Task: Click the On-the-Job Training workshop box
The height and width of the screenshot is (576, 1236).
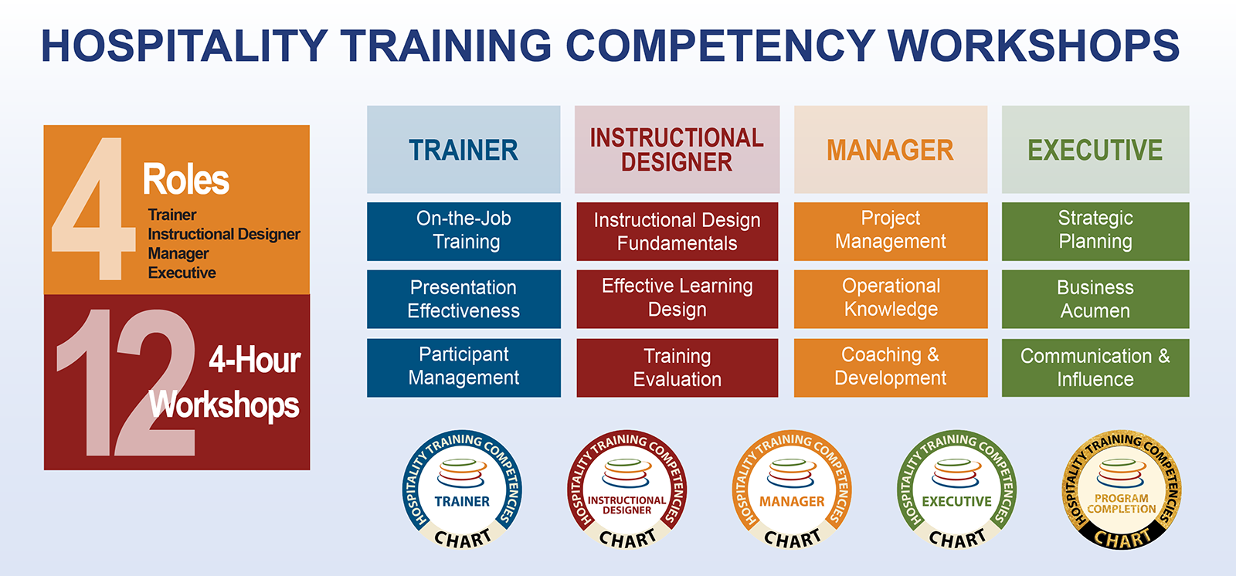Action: click(463, 231)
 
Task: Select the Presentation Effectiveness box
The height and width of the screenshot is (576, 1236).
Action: click(463, 299)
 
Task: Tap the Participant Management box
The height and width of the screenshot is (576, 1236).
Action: click(463, 368)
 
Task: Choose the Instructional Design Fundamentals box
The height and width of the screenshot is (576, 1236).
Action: click(677, 231)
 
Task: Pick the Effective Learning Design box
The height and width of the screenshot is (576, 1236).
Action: click(677, 299)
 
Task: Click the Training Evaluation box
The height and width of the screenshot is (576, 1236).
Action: click(677, 368)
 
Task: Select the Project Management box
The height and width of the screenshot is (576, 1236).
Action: click(891, 231)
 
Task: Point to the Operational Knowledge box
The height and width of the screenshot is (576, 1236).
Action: click(891, 299)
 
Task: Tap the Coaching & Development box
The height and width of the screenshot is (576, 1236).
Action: click(891, 368)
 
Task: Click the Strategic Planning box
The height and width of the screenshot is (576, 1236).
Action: click(1095, 231)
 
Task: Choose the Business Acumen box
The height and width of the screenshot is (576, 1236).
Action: click(1095, 299)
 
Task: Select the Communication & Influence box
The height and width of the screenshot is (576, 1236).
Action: click(1095, 368)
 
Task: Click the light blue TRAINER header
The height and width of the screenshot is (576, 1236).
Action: click(463, 150)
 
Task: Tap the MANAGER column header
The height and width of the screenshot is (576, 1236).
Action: click(891, 150)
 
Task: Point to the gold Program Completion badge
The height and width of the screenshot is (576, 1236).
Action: click(1121, 490)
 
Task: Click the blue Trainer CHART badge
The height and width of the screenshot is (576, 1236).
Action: click(462, 490)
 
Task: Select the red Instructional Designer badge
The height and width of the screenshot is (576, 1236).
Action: click(626, 490)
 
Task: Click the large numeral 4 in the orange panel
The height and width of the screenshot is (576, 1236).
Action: click(93, 208)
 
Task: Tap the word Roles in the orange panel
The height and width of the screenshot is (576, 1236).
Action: click(186, 179)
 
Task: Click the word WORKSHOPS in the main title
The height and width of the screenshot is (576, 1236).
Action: click(1034, 46)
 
